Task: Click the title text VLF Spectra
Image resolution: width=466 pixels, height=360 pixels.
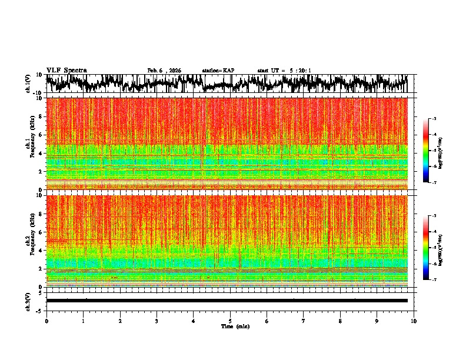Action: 66,71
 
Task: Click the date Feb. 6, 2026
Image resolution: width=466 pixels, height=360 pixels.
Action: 164,71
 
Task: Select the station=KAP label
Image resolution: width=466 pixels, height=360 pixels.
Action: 218,71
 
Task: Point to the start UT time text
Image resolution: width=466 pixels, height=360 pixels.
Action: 284,71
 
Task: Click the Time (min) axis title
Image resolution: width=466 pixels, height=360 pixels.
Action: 235,326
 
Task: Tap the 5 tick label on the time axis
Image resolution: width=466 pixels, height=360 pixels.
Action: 230,321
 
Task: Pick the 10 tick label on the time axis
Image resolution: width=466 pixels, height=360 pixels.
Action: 414,321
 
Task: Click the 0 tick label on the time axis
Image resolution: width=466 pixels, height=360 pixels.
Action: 46,321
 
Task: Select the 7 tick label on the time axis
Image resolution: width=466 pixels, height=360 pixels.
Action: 304,321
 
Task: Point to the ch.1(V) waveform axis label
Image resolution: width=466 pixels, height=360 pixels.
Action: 29,84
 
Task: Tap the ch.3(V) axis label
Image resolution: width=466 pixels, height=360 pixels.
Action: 29,300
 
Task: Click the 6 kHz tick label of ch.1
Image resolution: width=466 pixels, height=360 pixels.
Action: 41,135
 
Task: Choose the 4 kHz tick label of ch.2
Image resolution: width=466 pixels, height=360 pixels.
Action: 41,250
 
